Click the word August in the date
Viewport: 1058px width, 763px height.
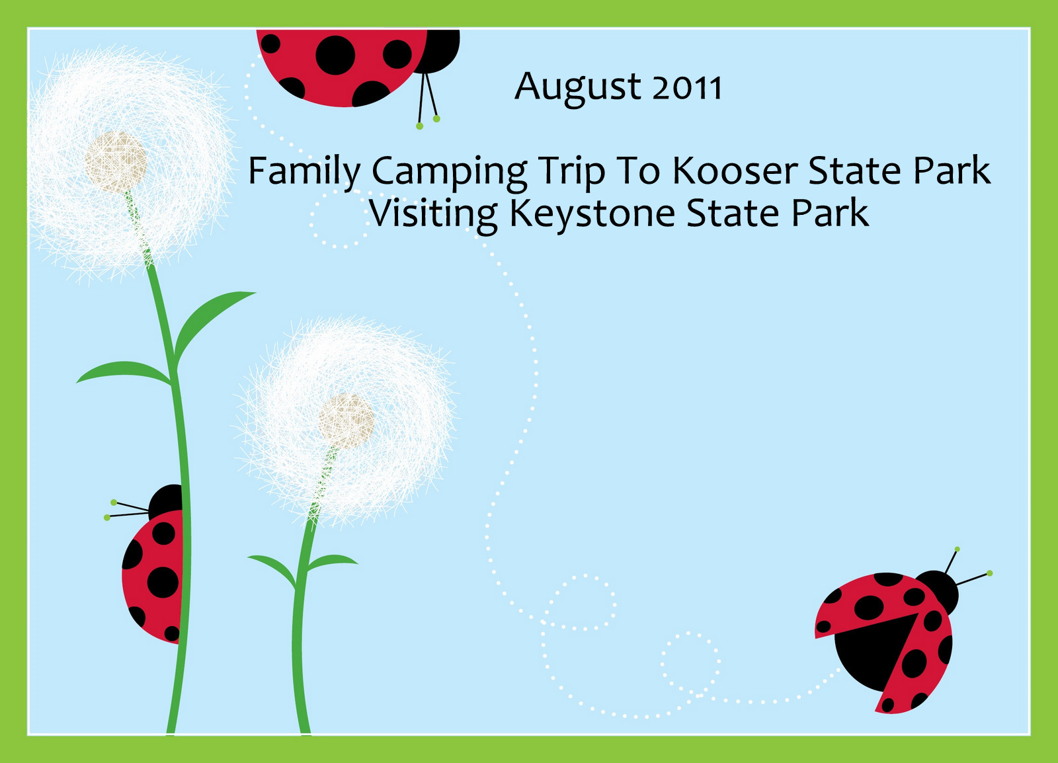pos(578,89)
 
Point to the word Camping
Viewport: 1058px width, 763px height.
pos(449,173)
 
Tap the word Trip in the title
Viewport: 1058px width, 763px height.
pos(572,173)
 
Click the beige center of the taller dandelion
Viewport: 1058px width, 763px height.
pos(116,162)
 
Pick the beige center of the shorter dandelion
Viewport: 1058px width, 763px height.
pos(346,421)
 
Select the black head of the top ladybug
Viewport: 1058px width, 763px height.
pos(439,51)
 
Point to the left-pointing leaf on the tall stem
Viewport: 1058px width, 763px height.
pos(124,372)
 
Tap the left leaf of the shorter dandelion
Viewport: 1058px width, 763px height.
pos(273,570)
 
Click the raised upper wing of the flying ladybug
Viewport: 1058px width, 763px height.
pos(862,605)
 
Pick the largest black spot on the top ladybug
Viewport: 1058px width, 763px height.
pos(335,56)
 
